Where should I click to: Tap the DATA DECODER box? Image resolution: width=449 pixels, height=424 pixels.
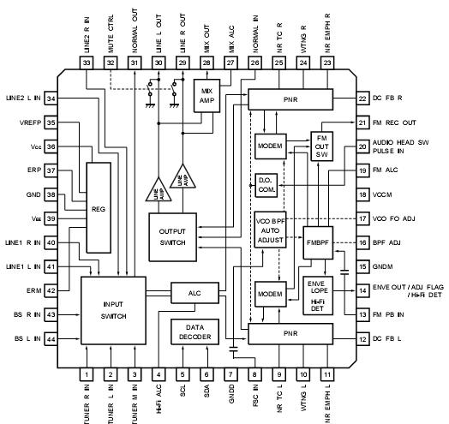point(195,331)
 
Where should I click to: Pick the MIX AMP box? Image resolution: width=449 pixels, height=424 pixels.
point(207,94)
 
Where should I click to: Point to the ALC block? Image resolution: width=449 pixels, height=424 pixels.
point(194,292)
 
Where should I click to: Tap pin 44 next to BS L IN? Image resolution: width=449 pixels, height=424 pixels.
point(51,340)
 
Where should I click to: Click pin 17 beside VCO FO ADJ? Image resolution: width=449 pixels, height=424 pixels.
point(386,220)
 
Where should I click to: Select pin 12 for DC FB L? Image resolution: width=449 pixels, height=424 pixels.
point(386,340)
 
